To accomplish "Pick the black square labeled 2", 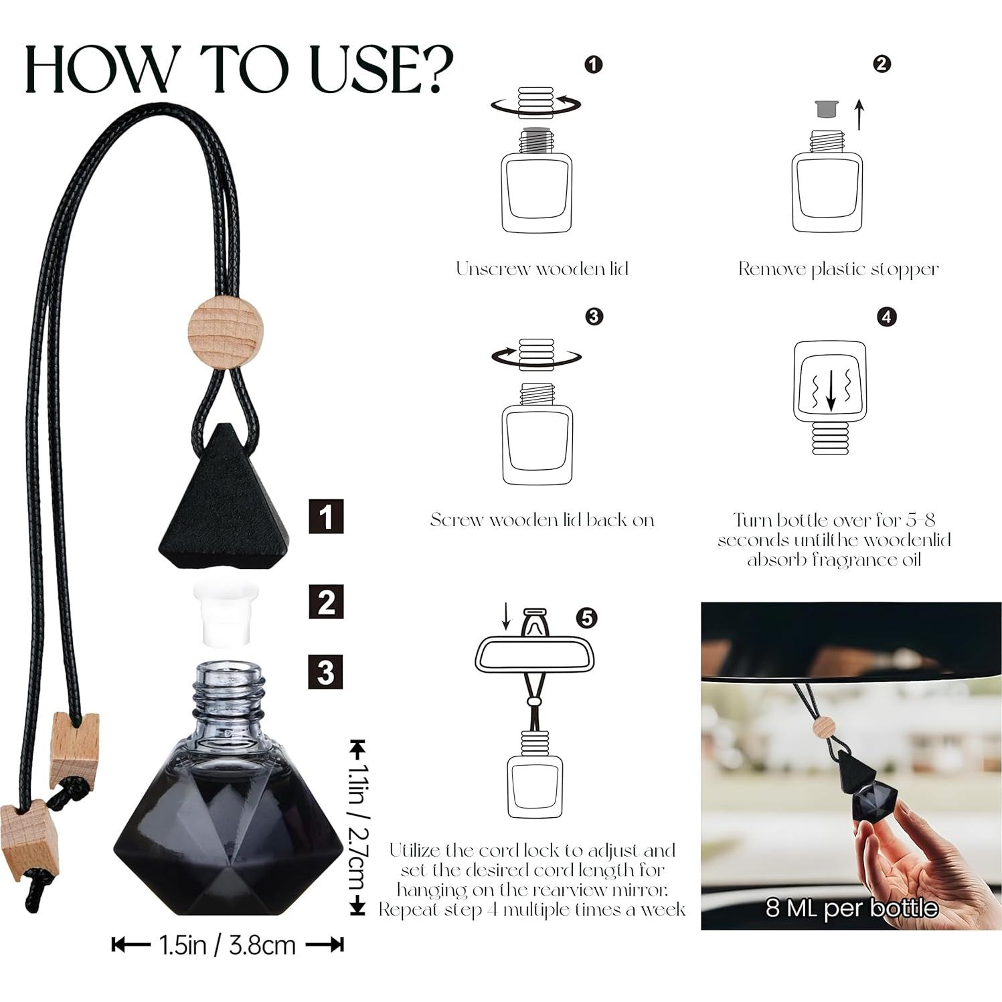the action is click(326, 601).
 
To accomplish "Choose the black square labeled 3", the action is click(326, 671).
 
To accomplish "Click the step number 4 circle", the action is click(887, 317).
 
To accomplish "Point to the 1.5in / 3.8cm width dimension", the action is click(228, 945).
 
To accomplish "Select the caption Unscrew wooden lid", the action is click(542, 268).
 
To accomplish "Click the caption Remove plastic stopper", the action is click(838, 269).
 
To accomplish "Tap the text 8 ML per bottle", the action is click(851, 908).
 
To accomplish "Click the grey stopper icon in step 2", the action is click(826, 109).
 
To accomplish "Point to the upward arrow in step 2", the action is click(860, 114).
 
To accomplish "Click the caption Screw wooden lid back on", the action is click(542, 519).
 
